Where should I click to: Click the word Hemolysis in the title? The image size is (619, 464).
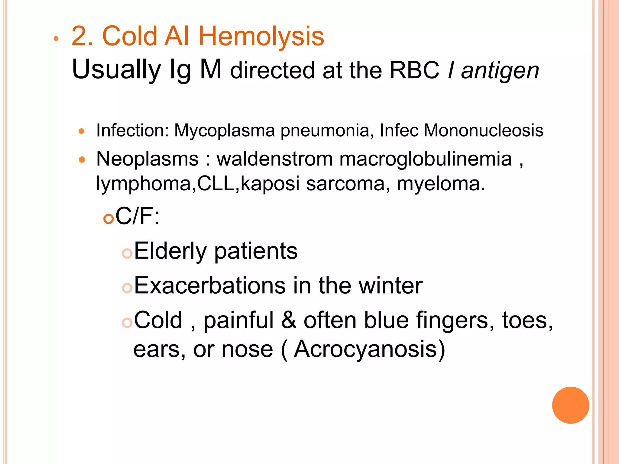tap(261, 36)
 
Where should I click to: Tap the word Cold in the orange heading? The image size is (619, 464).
tap(130, 36)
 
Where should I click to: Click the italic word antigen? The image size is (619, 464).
tap(500, 71)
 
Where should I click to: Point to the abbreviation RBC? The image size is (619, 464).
tap(414, 70)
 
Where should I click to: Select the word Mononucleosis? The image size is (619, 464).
tap(483, 130)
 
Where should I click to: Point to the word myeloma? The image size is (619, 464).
tap(441, 183)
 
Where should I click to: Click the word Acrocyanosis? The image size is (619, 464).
tap(365, 349)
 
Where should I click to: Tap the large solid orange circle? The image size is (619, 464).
tap(570, 405)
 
